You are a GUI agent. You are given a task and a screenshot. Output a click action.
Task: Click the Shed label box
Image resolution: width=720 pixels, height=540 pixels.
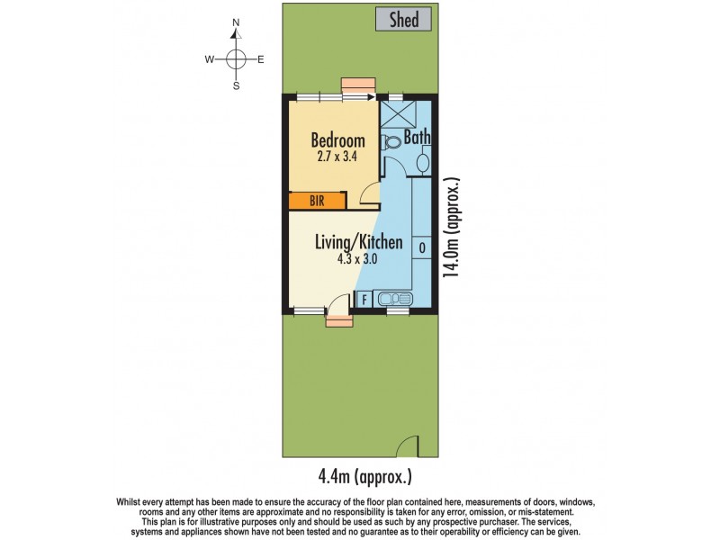click(404, 19)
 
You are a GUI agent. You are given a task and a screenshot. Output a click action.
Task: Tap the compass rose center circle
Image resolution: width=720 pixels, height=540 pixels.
click(236, 59)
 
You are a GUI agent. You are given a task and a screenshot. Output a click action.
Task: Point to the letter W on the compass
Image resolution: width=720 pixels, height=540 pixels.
click(209, 60)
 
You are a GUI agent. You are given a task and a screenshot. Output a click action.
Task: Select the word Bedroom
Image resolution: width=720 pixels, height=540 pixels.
click(337, 140)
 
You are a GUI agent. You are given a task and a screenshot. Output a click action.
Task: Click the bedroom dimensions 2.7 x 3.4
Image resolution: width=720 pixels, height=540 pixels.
click(337, 157)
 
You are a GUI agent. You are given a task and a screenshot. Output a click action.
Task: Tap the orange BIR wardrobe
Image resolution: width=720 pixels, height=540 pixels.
click(317, 201)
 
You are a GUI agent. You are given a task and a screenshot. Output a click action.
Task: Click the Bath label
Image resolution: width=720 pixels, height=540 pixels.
click(417, 138)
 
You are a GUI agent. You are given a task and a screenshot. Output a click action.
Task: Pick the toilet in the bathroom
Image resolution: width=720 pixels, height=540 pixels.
click(390, 142)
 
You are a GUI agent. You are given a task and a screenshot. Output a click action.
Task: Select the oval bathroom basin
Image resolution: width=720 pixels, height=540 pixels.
click(423, 162)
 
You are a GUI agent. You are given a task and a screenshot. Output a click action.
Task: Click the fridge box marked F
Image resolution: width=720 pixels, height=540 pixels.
click(364, 300)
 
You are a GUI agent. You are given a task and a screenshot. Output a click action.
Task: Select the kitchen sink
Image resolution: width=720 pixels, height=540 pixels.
click(395, 299)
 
